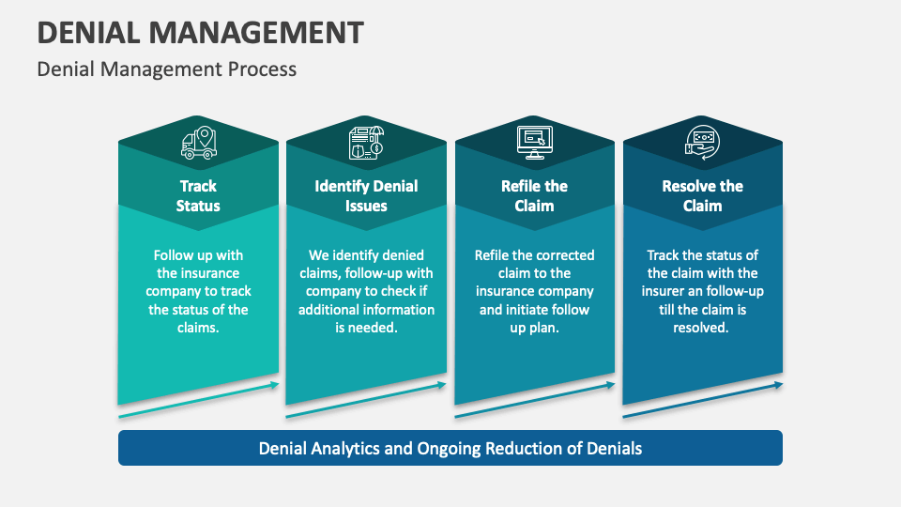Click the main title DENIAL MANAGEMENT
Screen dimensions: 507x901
point(200,32)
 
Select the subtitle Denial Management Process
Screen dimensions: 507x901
point(166,69)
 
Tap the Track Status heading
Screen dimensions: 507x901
point(198,195)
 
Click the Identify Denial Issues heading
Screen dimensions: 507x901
point(366,195)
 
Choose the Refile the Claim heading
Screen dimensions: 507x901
point(534,195)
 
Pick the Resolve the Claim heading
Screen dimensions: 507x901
point(702,195)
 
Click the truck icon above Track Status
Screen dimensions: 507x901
point(198,143)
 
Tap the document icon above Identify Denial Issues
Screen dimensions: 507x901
point(366,143)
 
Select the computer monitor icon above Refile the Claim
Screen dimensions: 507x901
point(534,143)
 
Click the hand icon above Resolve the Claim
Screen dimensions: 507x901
point(702,143)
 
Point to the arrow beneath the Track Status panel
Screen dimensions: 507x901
point(198,400)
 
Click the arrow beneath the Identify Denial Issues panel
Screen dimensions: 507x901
point(366,400)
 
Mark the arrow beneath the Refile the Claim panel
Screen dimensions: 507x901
point(534,400)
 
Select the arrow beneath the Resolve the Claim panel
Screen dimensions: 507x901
point(702,400)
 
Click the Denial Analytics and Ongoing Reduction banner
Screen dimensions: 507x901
point(450,448)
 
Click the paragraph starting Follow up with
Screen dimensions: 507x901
point(198,291)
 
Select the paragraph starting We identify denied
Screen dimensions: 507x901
point(366,291)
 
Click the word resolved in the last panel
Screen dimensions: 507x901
point(701,328)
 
